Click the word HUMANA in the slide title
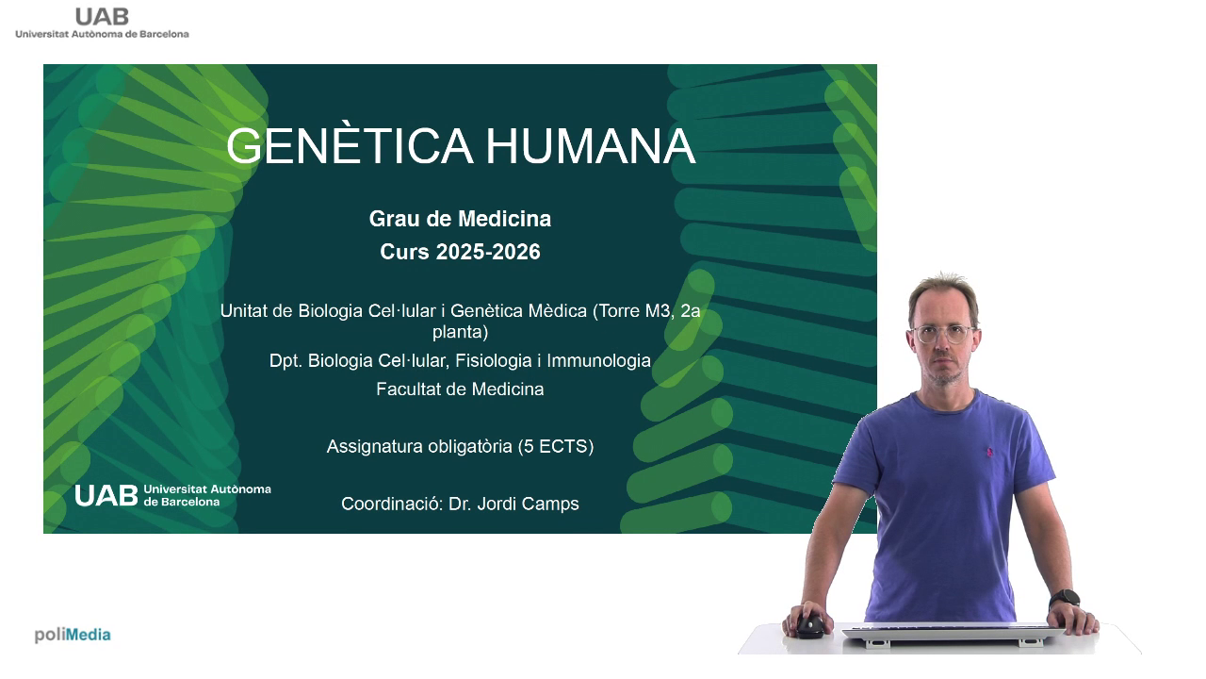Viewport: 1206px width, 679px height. [591, 146]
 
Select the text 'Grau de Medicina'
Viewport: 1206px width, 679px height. [461, 219]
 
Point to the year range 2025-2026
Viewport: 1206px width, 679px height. [488, 252]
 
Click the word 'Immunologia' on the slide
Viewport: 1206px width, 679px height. [598, 360]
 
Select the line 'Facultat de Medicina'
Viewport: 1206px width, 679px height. [460, 389]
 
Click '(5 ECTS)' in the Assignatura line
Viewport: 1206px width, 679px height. [556, 447]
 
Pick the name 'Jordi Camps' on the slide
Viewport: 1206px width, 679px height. [528, 504]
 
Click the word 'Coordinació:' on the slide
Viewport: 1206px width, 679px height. [392, 504]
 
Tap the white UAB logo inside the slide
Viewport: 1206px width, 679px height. [172, 495]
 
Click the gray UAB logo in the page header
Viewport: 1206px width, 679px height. [103, 24]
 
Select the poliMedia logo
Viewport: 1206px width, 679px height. [73, 635]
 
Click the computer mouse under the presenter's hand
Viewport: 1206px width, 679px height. [809, 627]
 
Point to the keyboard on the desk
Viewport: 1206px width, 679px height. [953, 634]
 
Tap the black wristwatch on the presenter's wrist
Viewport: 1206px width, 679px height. [1065, 599]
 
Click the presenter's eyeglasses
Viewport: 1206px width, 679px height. [943, 334]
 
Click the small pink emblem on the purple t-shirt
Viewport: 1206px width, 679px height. [989, 452]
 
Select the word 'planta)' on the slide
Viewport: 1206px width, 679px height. [461, 332]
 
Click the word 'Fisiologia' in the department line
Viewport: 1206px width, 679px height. [493, 360]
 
